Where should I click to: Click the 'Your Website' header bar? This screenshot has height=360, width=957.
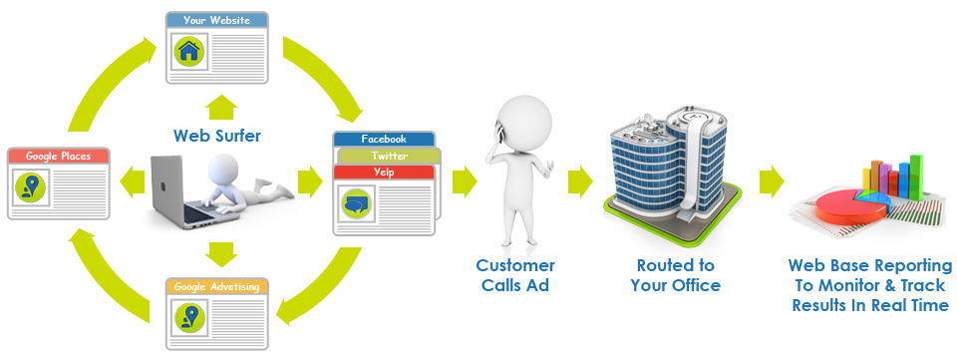(x=216, y=19)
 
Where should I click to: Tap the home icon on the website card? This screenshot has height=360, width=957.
(x=187, y=51)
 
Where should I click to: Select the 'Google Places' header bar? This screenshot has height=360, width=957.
(x=57, y=157)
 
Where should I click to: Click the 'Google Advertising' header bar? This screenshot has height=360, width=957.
(x=216, y=286)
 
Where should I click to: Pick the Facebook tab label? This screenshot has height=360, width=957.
(x=384, y=139)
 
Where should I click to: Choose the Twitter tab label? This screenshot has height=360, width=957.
(x=389, y=156)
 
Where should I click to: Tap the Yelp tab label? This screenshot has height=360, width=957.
(x=384, y=172)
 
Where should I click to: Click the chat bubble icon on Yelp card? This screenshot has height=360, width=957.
(x=356, y=204)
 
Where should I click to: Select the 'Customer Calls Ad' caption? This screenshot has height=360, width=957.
(x=514, y=275)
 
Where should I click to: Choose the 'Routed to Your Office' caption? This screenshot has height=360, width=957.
(x=675, y=275)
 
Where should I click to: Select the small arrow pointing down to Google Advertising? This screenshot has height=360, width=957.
(x=216, y=253)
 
